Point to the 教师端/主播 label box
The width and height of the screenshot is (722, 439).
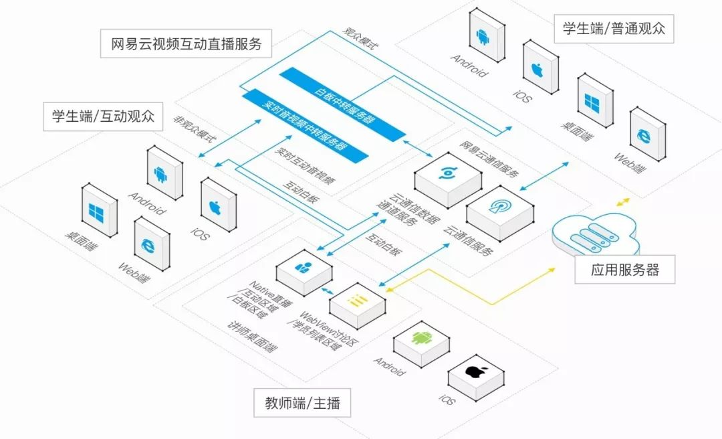[302, 403]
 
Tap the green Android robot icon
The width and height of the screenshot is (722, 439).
[420, 338]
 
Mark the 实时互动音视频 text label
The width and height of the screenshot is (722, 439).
[305, 162]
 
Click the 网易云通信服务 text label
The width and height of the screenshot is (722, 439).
[489, 160]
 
